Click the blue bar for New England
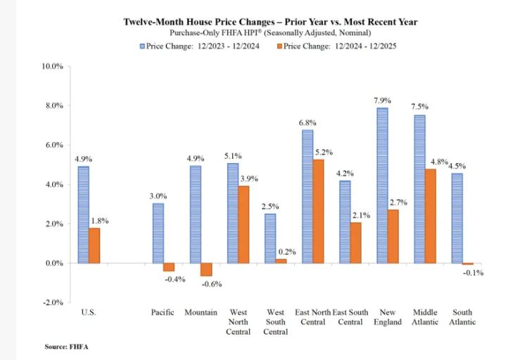coord(382,186)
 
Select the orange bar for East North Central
coord(318,211)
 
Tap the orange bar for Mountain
coord(205,269)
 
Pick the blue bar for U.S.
coord(83,214)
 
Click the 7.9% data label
coord(382,100)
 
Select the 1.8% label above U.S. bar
coord(99,221)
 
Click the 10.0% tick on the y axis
coord(53,66)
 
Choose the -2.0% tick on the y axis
coord(53,302)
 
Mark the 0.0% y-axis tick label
coord(55,263)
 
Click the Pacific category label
coord(163,311)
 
